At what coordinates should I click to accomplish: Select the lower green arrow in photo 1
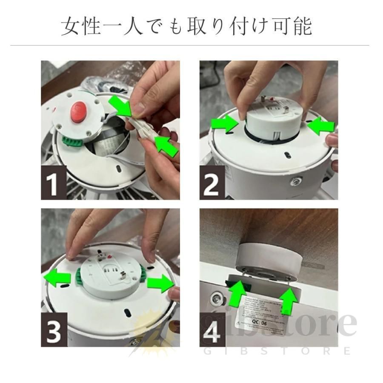165,145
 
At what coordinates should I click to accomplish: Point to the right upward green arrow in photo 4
289,300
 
